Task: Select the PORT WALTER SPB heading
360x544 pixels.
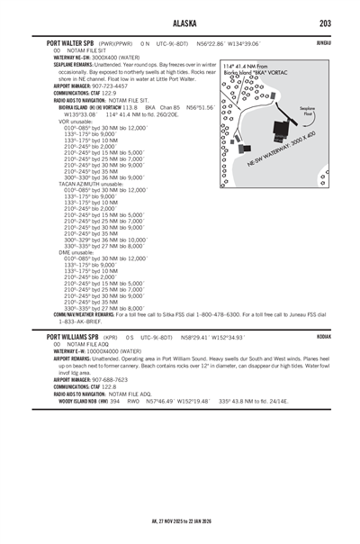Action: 71,42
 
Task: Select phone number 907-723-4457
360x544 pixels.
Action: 111,86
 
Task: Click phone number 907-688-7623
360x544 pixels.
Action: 111,379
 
